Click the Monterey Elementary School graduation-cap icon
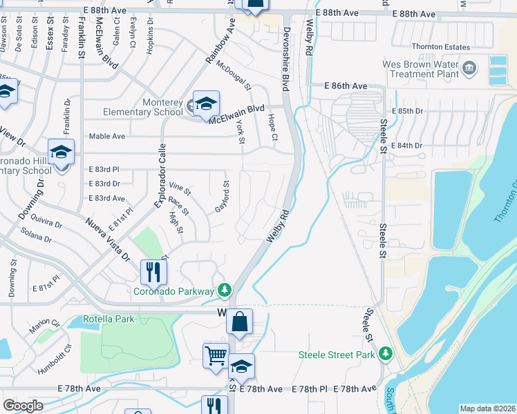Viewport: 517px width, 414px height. click(206, 105)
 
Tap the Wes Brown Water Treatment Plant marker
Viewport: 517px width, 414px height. click(469, 68)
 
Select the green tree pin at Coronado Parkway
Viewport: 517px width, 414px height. click(223, 290)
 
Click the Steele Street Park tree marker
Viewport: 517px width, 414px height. click(386, 355)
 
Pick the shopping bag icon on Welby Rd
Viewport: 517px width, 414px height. click(239, 322)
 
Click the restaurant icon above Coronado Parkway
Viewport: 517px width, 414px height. click(153, 272)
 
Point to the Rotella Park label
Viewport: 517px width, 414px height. click(109, 319)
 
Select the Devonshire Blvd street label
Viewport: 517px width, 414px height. click(285, 59)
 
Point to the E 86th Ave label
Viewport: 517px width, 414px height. click(346, 86)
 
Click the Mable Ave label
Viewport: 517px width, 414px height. click(106, 137)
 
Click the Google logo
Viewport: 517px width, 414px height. click(23, 406)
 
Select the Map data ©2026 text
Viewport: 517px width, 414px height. click(487, 408)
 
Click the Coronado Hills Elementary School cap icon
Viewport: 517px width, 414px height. click(61, 152)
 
